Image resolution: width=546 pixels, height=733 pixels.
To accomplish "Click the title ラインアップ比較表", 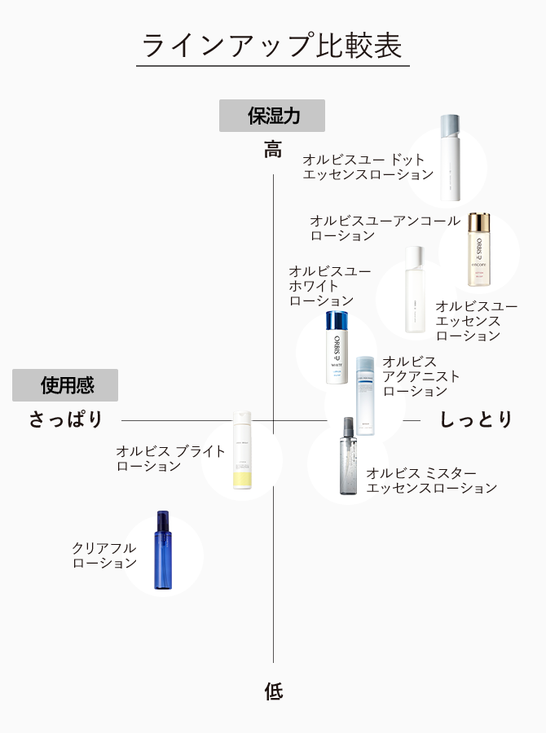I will click(272, 46).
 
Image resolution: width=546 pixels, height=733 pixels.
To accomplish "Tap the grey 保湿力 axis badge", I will click(272, 116).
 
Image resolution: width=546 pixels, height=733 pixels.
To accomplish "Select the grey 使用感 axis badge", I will click(65, 385).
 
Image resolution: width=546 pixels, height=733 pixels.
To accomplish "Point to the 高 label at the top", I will click(272, 150).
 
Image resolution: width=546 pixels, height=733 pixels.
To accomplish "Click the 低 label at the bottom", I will click(273, 691).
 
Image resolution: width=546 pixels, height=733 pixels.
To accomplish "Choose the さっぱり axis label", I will click(67, 419).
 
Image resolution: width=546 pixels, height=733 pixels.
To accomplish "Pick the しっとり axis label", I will click(476, 419).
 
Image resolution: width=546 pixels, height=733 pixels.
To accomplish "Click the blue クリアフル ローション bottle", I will click(163, 550).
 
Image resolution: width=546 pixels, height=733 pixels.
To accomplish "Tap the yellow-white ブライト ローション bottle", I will click(241, 450).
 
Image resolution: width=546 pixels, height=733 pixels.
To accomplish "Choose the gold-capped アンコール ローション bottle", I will click(479, 249).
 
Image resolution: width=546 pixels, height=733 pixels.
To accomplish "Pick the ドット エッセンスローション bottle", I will click(449, 158).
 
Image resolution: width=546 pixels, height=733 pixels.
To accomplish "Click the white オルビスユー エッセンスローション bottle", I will click(416, 290).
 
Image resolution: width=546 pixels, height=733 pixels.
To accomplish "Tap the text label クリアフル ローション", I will click(104, 555).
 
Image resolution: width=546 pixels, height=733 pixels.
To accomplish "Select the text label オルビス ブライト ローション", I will click(170, 459).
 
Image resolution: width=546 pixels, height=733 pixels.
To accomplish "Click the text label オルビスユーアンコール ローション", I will click(384, 228).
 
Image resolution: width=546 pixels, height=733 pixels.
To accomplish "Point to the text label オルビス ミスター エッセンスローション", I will click(431, 481).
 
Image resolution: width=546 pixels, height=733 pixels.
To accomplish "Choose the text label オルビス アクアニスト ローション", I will click(420, 376).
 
